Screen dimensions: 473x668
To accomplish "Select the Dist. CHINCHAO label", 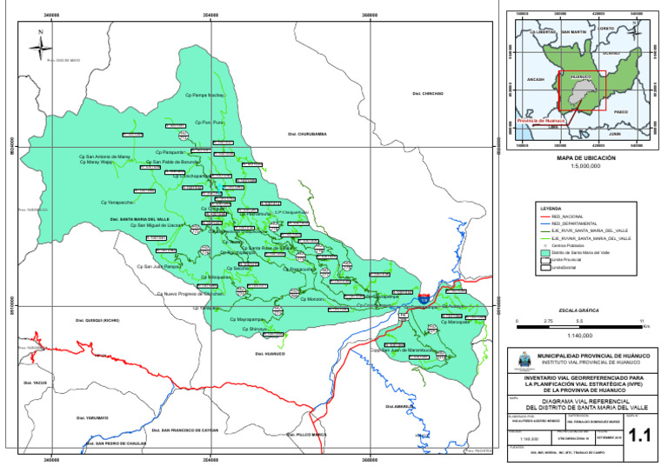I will pyautogui.click(x=428, y=92).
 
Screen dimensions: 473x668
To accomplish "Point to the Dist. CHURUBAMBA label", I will pyautogui.click(x=306, y=135).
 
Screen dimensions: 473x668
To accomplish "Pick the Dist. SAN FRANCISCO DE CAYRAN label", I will pyautogui.click(x=185, y=430).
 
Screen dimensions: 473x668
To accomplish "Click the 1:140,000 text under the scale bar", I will pyautogui.click(x=579, y=334).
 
